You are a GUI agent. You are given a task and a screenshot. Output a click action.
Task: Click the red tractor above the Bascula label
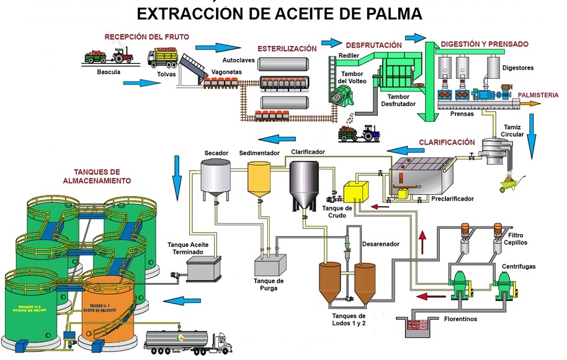pyautogui.click(x=122, y=56)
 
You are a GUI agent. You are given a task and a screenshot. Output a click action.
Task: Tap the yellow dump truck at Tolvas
pyautogui.click(x=163, y=59)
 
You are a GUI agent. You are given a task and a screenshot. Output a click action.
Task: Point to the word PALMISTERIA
pyautogui.click(x=538, y=95)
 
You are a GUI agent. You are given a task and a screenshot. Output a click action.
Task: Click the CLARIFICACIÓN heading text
pyautogui.click(x=447, y=142)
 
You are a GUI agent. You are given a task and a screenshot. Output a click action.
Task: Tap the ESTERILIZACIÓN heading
pyautogui.click(x=287, y=48)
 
